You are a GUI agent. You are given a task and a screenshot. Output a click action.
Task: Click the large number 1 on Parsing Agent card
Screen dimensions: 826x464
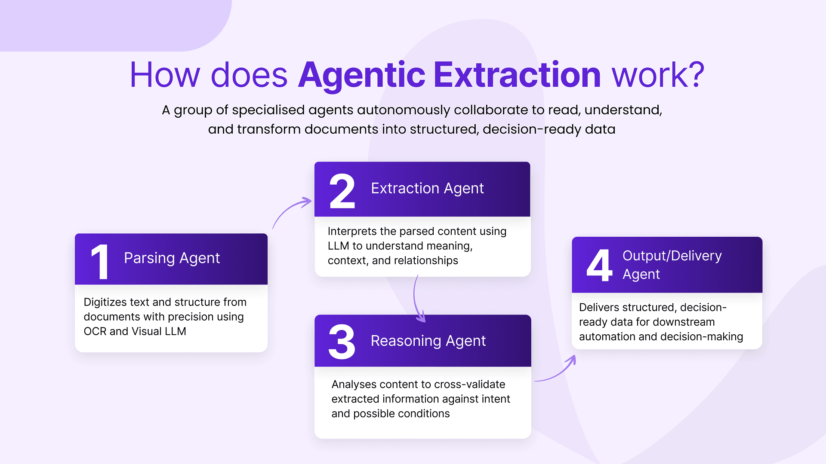tap(100, 262)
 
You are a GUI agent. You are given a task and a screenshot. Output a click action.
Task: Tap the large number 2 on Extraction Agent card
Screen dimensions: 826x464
tap(342, 191)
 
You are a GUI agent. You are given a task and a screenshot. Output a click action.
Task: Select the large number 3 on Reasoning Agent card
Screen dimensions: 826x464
tap(342, 342)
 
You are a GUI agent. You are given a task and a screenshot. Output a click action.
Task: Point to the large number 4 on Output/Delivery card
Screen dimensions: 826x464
tap(599, 265)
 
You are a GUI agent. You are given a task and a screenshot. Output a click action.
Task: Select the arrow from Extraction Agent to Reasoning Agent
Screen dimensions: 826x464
tap(415, 299)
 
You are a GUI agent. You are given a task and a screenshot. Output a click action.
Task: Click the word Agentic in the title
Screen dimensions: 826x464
tap(362, 75)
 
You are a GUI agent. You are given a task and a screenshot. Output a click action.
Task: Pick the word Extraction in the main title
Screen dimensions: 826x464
tap(517, 75)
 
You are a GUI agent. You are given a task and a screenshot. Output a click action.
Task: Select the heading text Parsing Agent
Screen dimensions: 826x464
tap(172, 258)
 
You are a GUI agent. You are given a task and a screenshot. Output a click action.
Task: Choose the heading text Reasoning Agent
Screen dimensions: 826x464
tap(428, 341)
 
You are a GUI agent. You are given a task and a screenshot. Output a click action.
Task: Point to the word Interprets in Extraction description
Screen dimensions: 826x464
tap(352, 232)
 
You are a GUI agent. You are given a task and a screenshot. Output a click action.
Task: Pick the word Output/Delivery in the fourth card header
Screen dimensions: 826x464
tap(672, 256)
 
